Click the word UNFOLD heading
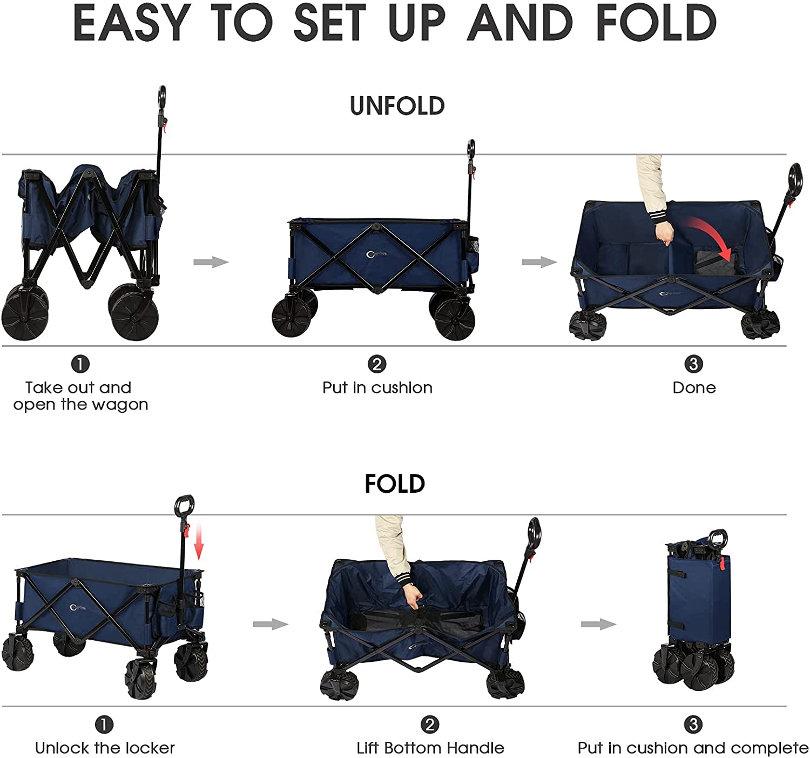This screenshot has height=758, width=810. (397, 106)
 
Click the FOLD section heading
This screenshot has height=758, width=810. (394, 484)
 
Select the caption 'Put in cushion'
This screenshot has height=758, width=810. (377, 387)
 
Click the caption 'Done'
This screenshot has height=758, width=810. (694, 387)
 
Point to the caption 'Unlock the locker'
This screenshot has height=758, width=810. (105, 748)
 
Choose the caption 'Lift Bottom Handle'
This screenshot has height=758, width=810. (430, 748)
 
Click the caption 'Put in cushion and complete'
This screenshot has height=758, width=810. (693, 748)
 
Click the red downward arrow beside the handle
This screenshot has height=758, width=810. (198, 542)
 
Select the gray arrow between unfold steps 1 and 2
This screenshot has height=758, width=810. (211, 262)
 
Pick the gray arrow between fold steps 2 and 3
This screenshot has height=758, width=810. (598, 624)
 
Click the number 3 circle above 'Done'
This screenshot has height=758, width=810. (694, 364)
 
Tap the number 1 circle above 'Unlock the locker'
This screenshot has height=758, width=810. (104, 725)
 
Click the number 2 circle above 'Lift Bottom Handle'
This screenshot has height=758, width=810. (430, 725)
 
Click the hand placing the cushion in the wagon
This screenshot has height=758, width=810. (664, 234)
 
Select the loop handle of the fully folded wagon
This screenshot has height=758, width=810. (718, 540)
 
